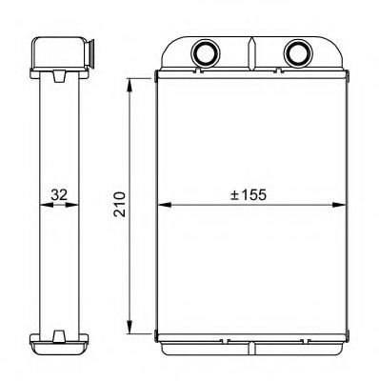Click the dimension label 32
pyautogui.click(x=59, y=194)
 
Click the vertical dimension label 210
pyautogui.click(x=120, y=204)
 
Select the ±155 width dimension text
pyautogui.click(x=249, y=194)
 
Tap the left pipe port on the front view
pyautogui.click(x=205, y=52)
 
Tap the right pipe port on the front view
pyautogui.click(x=298, y=52)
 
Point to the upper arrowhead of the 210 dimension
pyautogui.click(x=130, y=86)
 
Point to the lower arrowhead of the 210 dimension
pyautogui.click(x=130, y=327)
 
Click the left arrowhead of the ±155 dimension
pyautogui.click(x=165, y=205)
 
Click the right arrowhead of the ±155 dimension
pyautogui.click(x=338, y=205)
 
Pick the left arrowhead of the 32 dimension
pyautogui.click(x=47, y=205)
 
